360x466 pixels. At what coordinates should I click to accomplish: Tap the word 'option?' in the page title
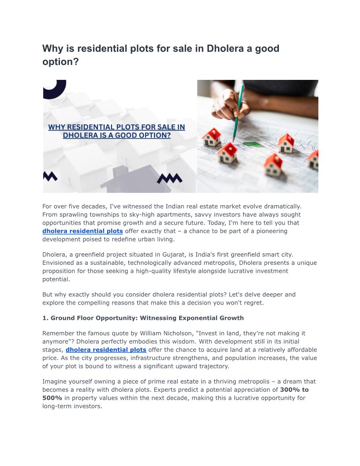(x=60, y=62)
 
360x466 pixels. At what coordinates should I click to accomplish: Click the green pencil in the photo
(x=237, y=113)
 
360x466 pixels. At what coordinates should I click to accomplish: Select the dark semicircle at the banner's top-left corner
(x=54, y=87)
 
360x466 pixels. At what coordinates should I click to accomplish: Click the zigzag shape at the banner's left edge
(x=50, y=176)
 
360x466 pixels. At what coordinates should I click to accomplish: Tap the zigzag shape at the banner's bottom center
(x=169, y=178)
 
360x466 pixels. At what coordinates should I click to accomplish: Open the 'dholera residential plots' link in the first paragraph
(x=82, y=231)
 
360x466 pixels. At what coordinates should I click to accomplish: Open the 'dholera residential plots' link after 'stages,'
(x=106, y=349)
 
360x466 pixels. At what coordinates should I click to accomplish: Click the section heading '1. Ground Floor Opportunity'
(x=143, y=318)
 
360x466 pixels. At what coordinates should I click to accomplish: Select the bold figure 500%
(x=52, y=398)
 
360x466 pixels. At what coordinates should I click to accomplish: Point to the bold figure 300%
(x=292, y=390)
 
